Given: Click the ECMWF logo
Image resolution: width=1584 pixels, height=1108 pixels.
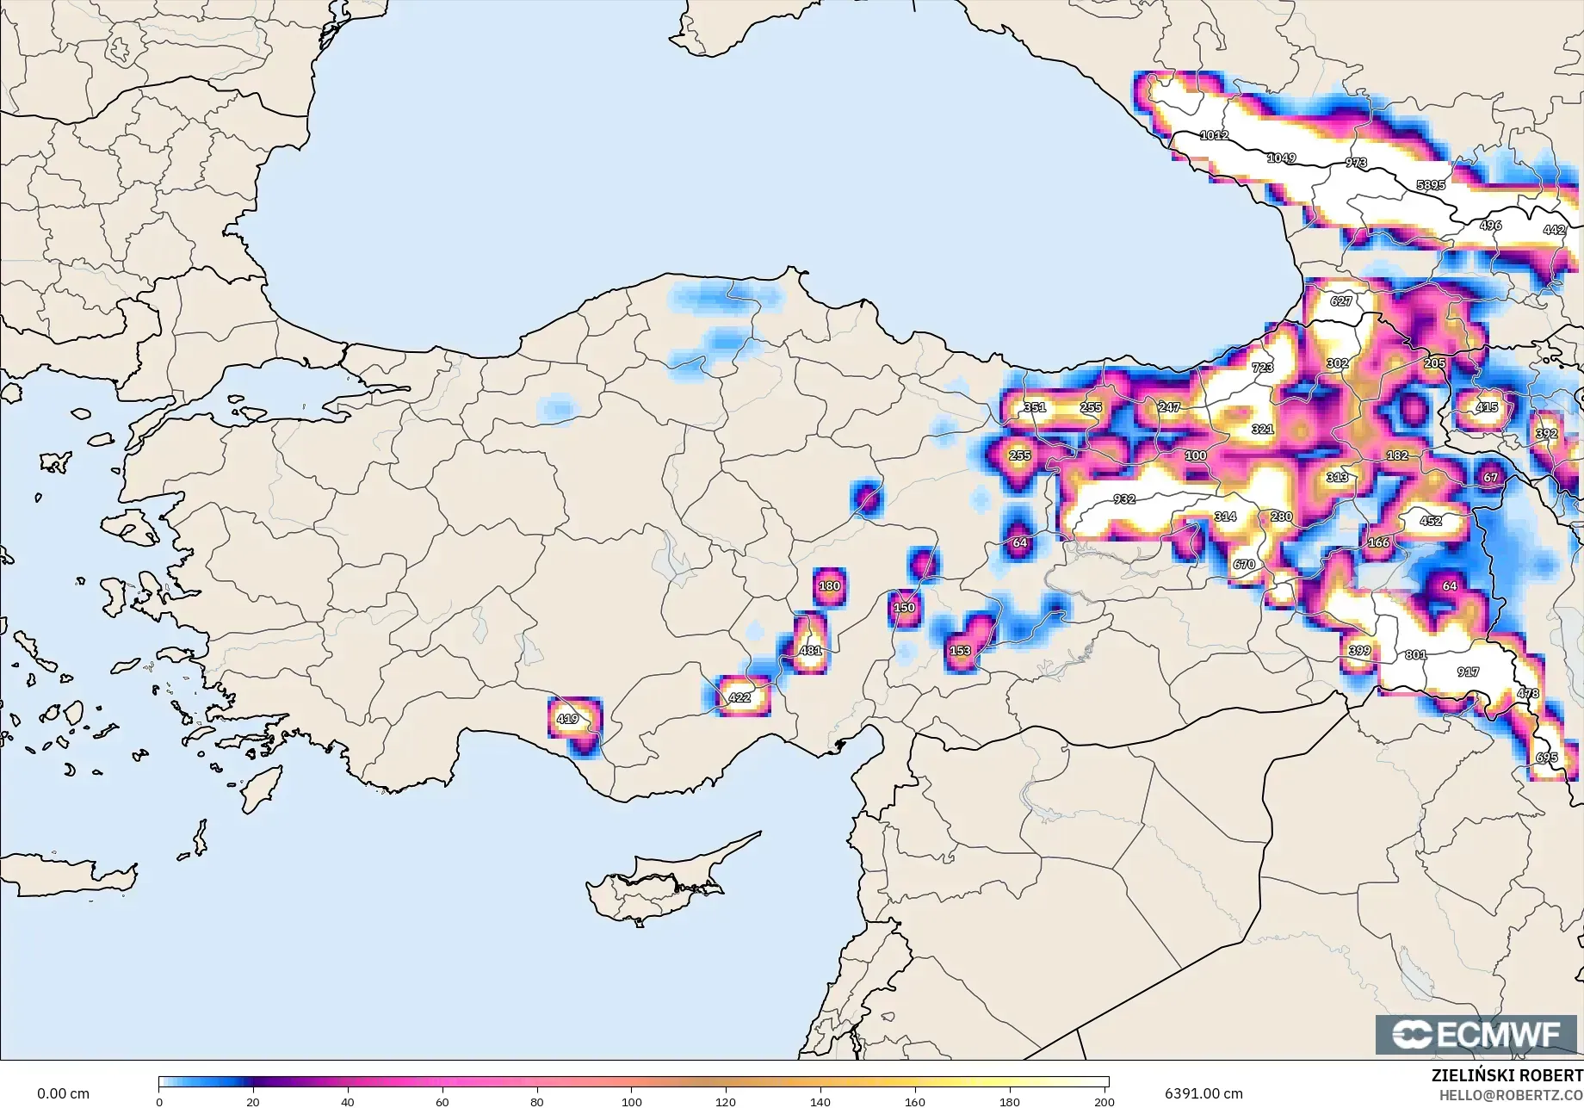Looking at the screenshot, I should pos(1476,1034).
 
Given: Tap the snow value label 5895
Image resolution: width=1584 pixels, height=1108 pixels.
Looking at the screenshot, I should pos(1431,185).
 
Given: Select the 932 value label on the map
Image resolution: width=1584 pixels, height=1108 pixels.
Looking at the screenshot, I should pos(1123,499).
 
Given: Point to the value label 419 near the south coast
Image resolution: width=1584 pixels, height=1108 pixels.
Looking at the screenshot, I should pos(567,719).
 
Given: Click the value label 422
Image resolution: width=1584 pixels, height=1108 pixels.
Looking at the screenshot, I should pos(739,697).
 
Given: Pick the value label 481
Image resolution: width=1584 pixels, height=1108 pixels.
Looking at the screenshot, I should pos(810,651).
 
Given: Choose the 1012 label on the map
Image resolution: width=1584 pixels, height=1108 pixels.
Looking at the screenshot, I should pos(1214,135).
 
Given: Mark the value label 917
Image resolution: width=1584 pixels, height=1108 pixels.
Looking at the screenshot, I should pos(1468,672).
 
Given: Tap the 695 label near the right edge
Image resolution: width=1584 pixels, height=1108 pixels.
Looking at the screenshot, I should pos(1546,758).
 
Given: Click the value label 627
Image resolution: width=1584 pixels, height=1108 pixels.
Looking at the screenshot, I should pos(1340,301).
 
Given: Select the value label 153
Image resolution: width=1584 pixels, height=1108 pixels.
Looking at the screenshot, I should pos(960,651).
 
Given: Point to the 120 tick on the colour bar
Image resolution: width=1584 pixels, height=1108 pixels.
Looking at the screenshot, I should pos(726,1102).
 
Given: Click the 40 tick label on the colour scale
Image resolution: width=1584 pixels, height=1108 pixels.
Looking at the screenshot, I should pos(347,1102).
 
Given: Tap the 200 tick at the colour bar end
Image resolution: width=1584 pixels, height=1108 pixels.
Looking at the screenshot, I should pos(1104,1102).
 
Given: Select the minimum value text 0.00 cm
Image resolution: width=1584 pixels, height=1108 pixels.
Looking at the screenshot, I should pos(63,1093).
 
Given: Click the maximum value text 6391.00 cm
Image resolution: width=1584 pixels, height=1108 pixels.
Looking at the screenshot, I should pos(1203,1093).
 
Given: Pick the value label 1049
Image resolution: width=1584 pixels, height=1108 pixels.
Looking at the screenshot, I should pos(1281,158).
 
